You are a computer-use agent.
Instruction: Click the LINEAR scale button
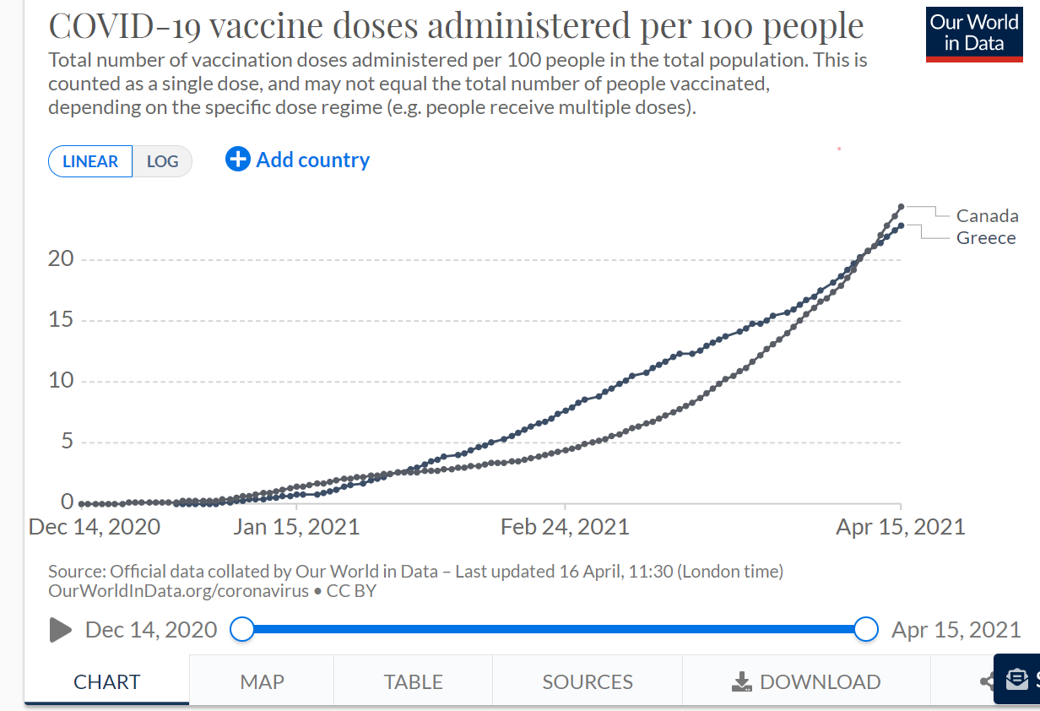pos(90,161)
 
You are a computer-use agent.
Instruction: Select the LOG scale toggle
pos(162,161)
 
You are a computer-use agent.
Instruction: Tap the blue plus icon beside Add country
pos(238,159)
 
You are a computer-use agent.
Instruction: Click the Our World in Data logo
pos(974,33)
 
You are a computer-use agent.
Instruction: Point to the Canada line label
pos(987,216)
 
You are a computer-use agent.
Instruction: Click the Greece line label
pos(985,238)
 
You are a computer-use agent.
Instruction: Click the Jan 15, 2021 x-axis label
pos(296,528)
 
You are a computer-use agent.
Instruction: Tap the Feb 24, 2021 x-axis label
pos(565,528)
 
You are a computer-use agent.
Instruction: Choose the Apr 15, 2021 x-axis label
pos(900,528)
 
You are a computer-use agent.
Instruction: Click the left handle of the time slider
pos(242,629)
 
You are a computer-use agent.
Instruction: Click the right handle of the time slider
pos(866,629)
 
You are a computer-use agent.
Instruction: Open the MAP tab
pos(262,681)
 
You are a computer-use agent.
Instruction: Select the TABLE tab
pos(413,681)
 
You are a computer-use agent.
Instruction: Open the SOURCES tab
pos(588,681)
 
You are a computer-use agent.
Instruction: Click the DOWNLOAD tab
pos(806,681)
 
